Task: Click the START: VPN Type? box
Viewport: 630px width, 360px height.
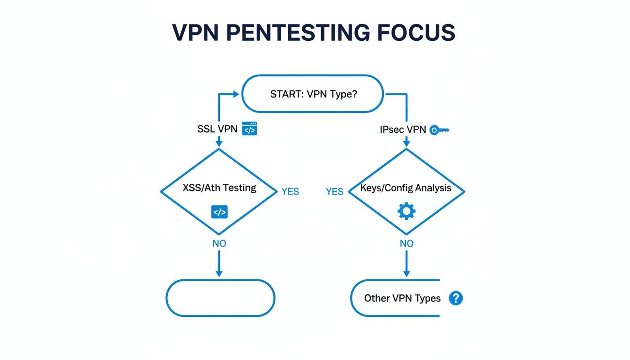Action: [313, 94]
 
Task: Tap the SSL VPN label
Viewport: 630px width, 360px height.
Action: [217, 129]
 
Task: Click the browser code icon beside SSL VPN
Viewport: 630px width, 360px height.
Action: [249, 129]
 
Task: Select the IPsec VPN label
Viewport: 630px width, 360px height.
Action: [403, 129]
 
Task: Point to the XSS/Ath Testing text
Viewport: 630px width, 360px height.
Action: [219, 188]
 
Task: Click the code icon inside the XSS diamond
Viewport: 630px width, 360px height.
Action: [219, 212]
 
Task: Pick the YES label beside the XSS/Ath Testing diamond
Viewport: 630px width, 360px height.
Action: [290, 191]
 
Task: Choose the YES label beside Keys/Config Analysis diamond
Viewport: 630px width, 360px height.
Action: [335, 191]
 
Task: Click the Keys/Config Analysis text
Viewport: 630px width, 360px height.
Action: [406, 188]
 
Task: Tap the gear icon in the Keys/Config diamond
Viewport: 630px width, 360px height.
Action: [406, 211]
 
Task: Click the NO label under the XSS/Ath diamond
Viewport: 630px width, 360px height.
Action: [219, 243]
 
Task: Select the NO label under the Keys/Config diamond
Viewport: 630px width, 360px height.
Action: [406, 243]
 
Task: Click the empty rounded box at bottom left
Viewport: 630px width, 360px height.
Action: [220, 298]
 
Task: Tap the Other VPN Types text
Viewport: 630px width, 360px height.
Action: [402, 299]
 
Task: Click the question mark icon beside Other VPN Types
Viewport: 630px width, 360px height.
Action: [456, 298]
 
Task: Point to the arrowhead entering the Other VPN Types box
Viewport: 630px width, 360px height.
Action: [406, 274]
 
